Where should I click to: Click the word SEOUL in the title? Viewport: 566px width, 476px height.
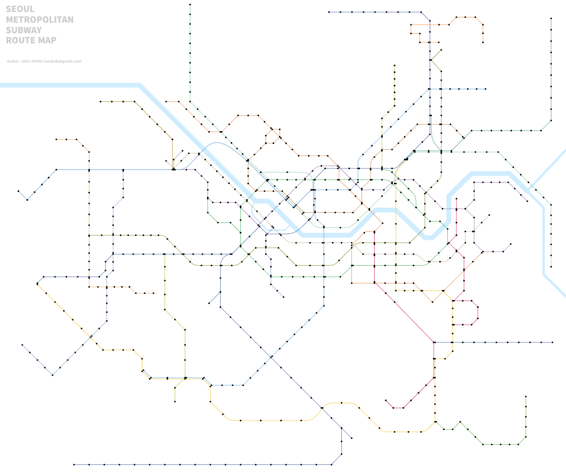[20, 9]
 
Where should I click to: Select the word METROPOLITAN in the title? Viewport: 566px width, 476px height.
[40, 20]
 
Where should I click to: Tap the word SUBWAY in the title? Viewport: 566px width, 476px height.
[24, 30]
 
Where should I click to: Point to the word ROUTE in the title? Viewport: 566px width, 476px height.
[19, 40]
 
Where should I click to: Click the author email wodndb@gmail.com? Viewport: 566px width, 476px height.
[63, 62]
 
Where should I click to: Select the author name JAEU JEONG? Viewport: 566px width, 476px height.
[32, 62]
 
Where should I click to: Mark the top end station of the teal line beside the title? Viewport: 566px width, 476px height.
[190, 5]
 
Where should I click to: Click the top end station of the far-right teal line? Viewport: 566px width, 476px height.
[551, 19]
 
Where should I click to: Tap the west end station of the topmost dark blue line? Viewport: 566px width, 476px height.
[329, 12]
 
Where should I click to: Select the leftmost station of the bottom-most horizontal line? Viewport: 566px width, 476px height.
[74, 464]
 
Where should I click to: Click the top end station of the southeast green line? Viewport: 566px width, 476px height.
[526, 397]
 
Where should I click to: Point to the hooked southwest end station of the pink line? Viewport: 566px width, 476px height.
[386, 401]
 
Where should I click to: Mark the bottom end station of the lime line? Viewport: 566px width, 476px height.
[175, 401]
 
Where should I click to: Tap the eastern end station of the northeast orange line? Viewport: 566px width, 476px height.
[483, 42]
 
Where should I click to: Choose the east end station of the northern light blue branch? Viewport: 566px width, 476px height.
[485, 89]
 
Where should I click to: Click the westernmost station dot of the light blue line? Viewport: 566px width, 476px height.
[19, 191]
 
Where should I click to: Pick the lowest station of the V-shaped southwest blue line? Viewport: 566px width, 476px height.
[52, 375]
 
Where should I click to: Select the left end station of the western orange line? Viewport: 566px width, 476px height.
[56, 139]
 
